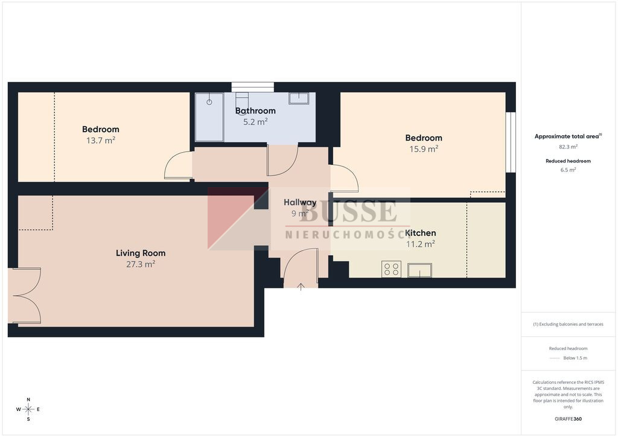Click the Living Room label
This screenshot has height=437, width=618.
[141, 253]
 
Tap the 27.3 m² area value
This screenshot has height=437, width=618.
[141, 264]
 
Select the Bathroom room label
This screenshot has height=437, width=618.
[255, 110]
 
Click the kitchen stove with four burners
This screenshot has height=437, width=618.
[391, 269]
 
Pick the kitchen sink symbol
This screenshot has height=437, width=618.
[420, 270]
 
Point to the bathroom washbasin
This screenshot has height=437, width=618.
[299, 98]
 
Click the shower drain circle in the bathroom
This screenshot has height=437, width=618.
[209, 102]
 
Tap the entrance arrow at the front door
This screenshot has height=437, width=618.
[301, 287]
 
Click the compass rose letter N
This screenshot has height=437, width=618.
[28, 400]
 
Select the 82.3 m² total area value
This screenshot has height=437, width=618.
[569, 147]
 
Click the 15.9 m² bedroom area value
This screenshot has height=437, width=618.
[424, 149]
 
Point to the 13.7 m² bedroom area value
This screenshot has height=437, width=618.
[101, 140]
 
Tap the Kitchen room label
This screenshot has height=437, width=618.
[421, 233]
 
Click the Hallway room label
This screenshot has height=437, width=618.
[300, 202]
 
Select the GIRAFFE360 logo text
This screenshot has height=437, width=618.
[568, 419]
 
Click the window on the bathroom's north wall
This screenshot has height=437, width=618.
[253, 87]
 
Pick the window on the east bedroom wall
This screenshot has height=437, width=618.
[511, 142]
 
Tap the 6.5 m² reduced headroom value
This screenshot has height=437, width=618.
[569, 170]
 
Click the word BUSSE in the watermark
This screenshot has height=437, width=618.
[348, 211]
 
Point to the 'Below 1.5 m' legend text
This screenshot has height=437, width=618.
[575, 358]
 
